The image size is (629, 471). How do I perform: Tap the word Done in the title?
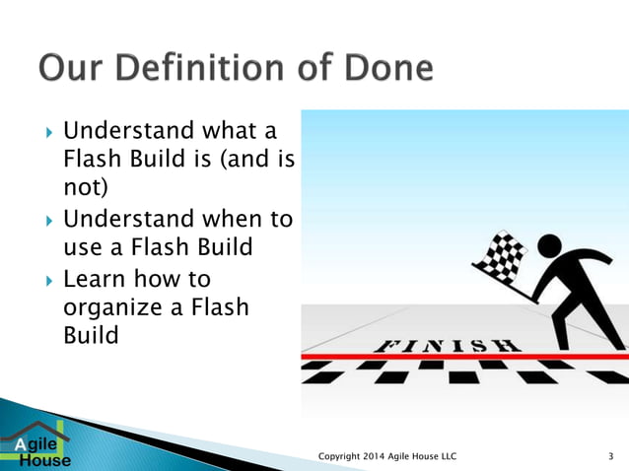(382, 70)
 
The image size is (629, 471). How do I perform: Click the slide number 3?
(611, 455)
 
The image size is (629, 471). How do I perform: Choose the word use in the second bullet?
(83, 247)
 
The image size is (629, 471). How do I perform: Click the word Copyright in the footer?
(344, 455)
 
